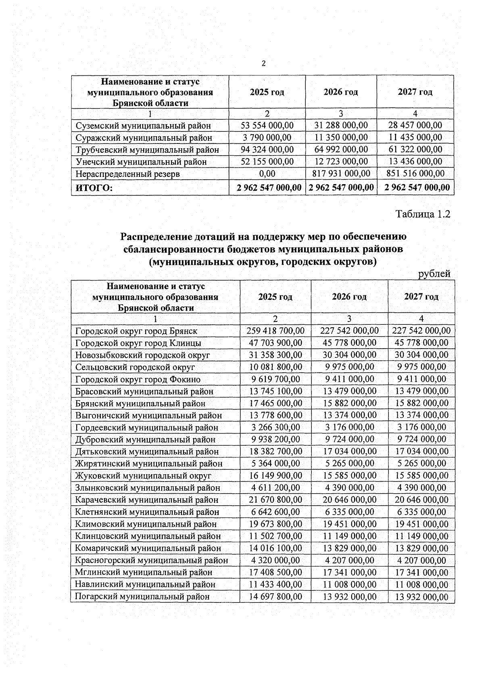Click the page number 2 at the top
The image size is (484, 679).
point(263,64)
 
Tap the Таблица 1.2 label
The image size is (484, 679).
point(422,214)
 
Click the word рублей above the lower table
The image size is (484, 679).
point(434,274)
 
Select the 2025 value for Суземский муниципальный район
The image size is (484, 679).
point(267,125)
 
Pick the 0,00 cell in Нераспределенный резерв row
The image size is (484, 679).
point(267,174)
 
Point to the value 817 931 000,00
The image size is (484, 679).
point(341,174)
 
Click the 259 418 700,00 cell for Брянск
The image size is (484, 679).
point(275,331)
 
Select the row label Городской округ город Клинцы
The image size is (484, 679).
point(138,343)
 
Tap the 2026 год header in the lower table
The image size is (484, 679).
point(349,297)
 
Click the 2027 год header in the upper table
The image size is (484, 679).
point(415,92)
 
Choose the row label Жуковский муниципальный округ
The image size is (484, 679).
point(143,476)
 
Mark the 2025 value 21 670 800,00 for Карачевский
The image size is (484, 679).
point(275,500)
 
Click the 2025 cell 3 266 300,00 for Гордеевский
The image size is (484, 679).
point(275,427)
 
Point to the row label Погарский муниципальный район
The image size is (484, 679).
point(142,597)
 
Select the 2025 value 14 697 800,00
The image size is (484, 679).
point(275,596)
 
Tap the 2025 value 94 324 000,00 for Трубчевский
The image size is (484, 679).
point(267,150)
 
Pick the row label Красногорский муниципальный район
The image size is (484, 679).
point(151,561)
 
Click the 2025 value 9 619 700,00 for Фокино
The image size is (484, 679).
point(275,379)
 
